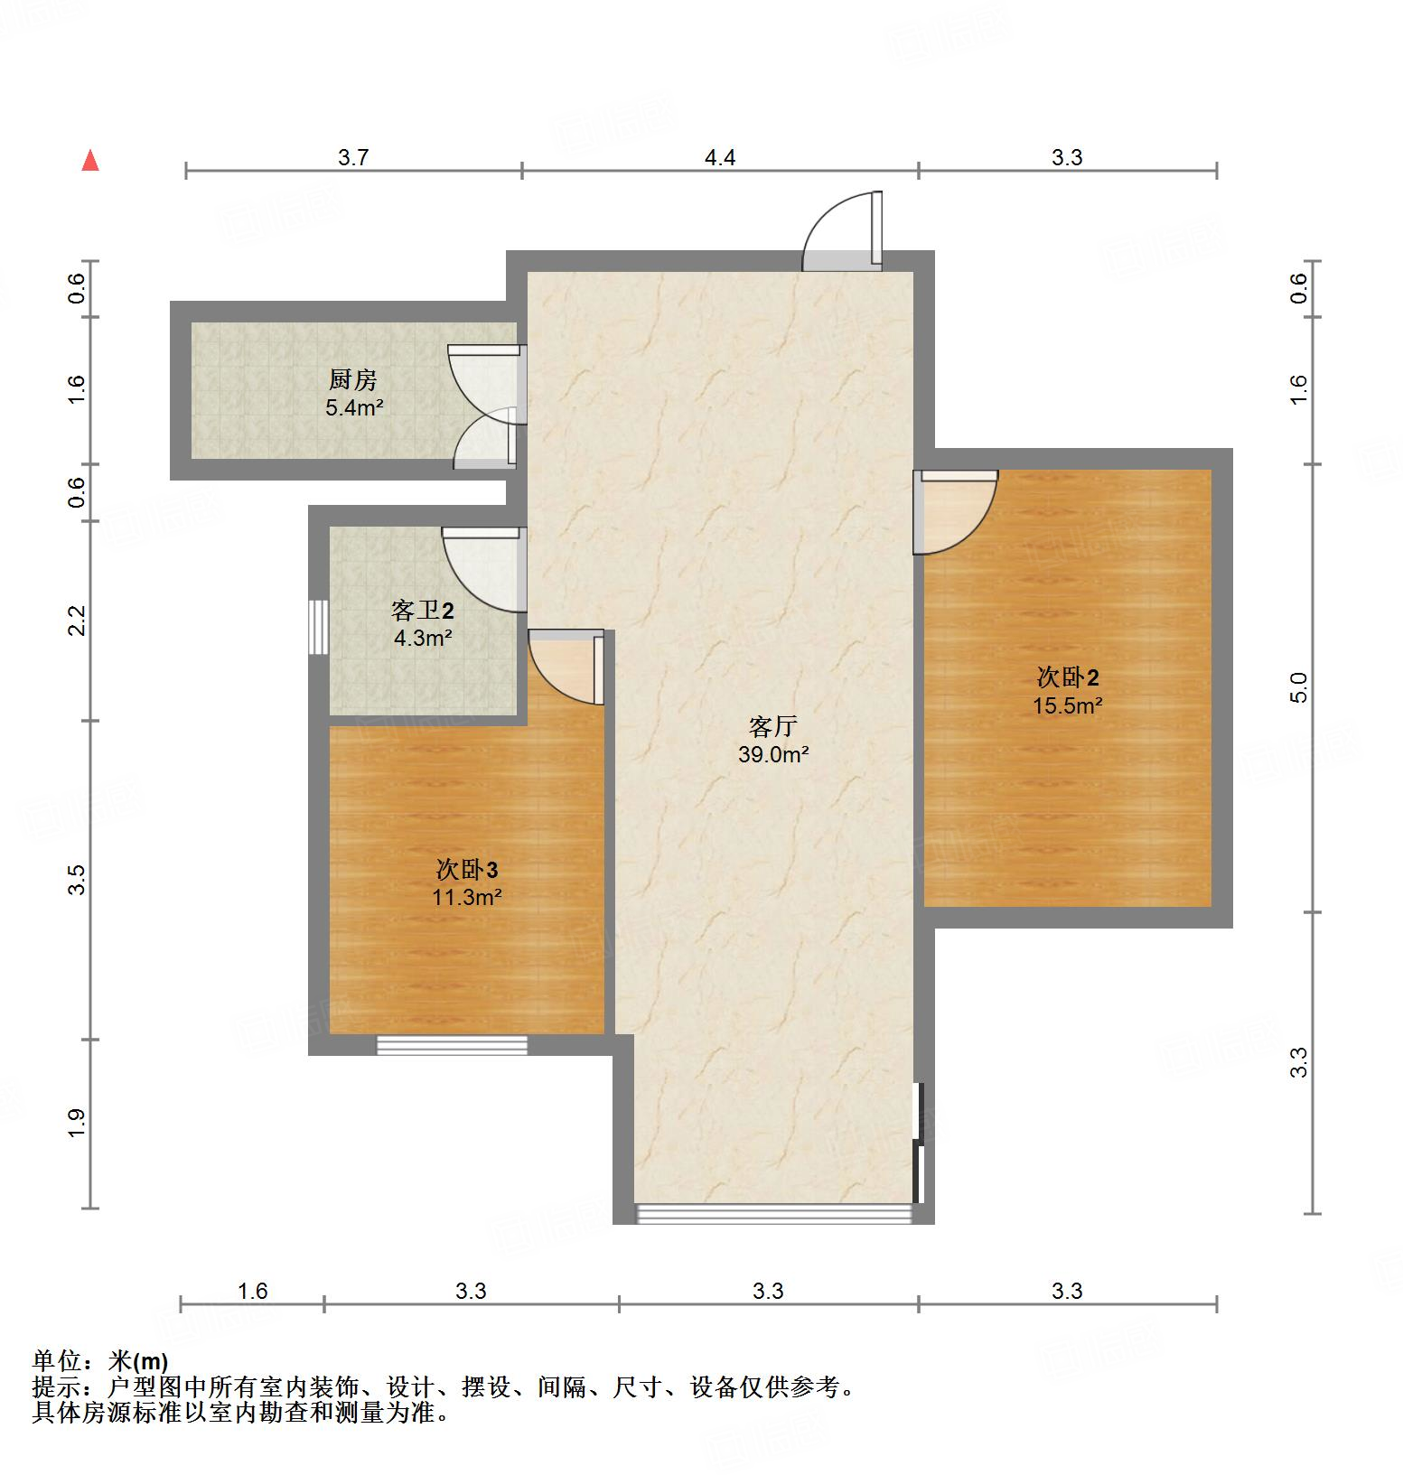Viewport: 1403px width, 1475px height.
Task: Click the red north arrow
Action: coord(90,161)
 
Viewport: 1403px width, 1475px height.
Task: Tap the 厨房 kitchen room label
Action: coord(352,380)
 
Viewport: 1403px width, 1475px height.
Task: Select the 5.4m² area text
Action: coord(354,407)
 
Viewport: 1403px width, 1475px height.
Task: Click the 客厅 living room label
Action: coord(772,726)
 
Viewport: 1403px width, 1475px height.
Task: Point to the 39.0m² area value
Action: coord(772,754)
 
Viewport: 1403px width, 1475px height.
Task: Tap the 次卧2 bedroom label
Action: coord(1067,677)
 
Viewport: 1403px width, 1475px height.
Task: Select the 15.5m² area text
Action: coord(1067,705)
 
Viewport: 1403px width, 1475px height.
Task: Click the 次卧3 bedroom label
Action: coord(466,870)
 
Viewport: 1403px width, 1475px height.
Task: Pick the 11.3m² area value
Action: coord(466,897)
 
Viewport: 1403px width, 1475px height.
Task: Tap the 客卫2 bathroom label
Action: coord(422,611)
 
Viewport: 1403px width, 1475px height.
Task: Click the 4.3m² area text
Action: coord(422,639)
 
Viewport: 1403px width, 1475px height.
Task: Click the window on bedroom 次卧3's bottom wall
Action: coord(452,1045)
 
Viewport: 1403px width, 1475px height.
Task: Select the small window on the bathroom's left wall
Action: coord(317,626)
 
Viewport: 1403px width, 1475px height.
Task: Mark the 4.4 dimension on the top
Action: coord(719,158)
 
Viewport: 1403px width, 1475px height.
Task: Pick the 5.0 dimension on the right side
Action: coord(1298,687)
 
